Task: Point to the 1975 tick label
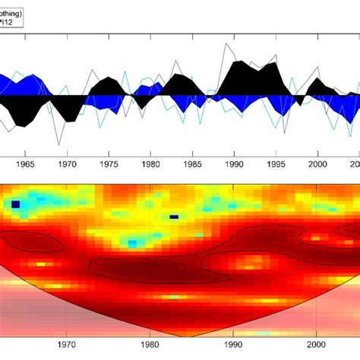point(109,163)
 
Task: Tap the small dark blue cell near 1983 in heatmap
point(174,216)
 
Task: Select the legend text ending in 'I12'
point(11,23)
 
